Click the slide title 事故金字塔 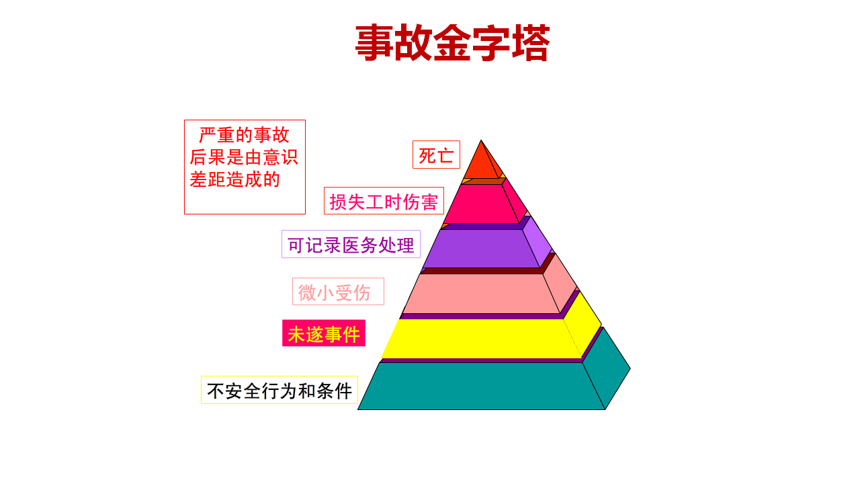(x=452, y=44)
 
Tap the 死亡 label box (x=436, y=155)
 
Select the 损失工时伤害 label (x=384, y=201)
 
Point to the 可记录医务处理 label (x=351, y=244)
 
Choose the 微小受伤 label (x=338, y=292)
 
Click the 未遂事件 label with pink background (x=323, y=333)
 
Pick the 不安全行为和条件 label (x=279, y=391)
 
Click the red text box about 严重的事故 (x=245, y=167)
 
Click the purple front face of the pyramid (x=480, y=249)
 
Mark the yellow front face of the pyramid (x=480, y=339)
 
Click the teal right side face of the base (x=606, y=369)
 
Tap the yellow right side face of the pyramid (x=583, y=323)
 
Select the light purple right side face (x=536, y=241)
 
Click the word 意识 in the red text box (x=279, y=157)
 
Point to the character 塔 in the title (x=530, y=44)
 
